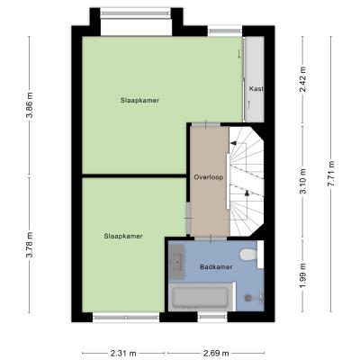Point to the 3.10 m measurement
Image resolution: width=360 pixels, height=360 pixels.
303,181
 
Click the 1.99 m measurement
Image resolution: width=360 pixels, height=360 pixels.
303,275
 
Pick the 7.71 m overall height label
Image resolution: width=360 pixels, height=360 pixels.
331,174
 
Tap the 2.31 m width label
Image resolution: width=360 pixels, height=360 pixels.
123,353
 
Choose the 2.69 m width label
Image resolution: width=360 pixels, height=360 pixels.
216,353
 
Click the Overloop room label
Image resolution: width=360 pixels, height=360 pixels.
209,177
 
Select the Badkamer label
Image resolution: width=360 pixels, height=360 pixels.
216,266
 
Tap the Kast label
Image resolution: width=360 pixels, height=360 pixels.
256,89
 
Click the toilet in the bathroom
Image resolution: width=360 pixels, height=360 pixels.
248,255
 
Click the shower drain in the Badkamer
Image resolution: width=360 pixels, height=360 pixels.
247,298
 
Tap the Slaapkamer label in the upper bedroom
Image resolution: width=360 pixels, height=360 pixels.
139,101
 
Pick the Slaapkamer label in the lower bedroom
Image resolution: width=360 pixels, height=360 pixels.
123,236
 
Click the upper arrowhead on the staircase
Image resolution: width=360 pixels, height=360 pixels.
233,143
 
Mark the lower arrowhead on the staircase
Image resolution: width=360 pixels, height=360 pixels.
247,193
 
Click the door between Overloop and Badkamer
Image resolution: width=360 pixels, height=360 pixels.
211,238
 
